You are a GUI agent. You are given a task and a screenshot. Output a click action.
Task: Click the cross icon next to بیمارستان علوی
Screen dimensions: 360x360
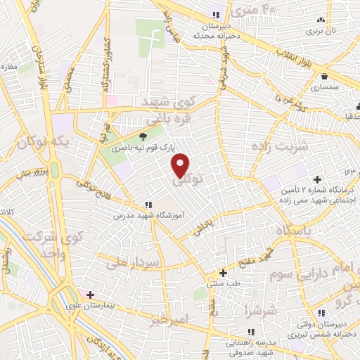click(x=89, y=294)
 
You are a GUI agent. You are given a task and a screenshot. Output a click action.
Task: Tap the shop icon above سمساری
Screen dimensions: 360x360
click(x=325, y=76)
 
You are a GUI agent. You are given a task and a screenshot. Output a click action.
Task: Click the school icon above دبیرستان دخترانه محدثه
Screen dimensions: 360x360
click(x=216, y=15)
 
